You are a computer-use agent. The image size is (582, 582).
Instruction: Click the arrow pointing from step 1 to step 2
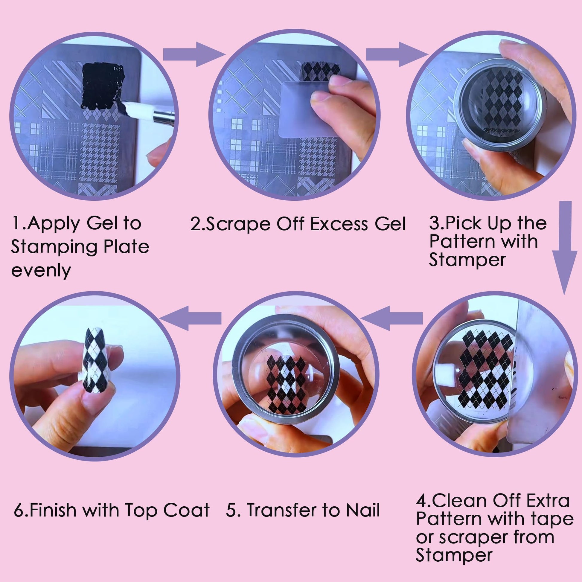194,54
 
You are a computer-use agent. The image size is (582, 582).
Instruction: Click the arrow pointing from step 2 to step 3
397,54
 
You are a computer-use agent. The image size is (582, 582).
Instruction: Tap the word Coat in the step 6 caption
186,510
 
